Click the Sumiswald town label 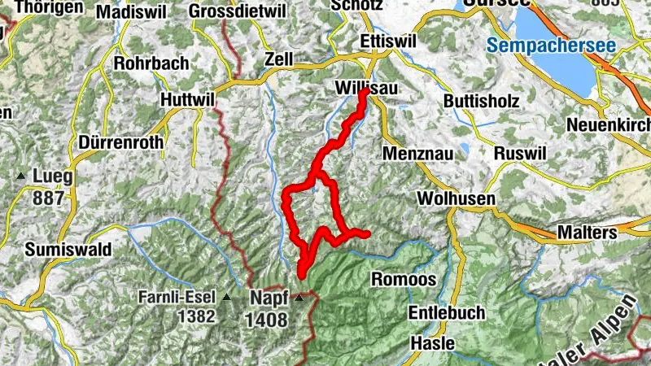tap(69, 249)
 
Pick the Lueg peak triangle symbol tap(20, 176)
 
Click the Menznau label tap(414, 153)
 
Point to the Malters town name tap(587, 233)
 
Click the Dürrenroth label tap(121, 142)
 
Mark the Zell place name tap(278, 59)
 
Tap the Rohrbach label tap(151, 63)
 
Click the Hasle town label tap(432, 342)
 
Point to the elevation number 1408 tap(267, 319)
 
